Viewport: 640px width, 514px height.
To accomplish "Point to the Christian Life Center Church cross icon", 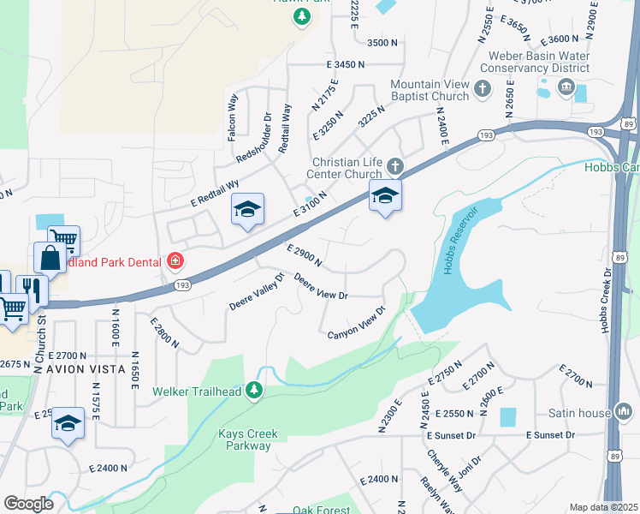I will coord(394,164).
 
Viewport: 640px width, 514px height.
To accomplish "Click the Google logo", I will coord(28,504).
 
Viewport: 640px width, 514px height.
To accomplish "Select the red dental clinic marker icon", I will coord(175,260).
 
